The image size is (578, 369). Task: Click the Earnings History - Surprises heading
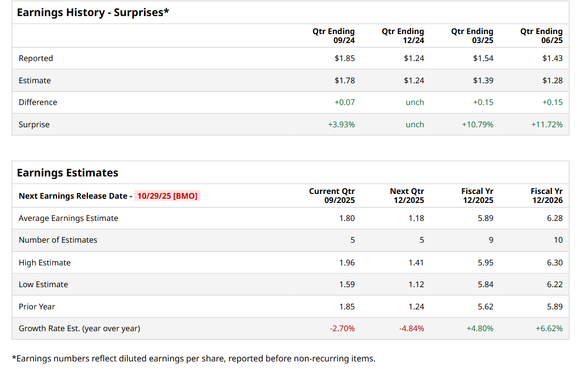[93, 13]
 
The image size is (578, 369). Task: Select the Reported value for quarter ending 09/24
[345, 59]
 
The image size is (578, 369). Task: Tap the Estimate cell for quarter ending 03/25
[483, 80]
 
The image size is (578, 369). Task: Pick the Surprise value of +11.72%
[547, 125]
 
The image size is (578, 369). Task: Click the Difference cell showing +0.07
[344, 103]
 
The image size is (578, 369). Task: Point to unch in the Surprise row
[415, 125]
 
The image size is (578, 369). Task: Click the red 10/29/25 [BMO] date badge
[167, 196]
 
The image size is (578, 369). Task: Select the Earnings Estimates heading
[68, 173]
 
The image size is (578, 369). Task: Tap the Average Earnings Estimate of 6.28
[555, 219]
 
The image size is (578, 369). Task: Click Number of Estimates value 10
[558, 240]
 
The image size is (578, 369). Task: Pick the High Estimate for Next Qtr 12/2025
[416, 263]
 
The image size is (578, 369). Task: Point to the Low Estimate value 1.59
[347, 285]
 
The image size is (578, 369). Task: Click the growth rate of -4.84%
[411, 328]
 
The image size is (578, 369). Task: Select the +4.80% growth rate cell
[480, 328]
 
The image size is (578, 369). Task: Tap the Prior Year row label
[37, 307]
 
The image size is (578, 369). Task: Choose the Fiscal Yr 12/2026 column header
[546, 195]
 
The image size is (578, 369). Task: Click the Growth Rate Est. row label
[79, 328]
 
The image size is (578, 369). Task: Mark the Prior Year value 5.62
[485, 307]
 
